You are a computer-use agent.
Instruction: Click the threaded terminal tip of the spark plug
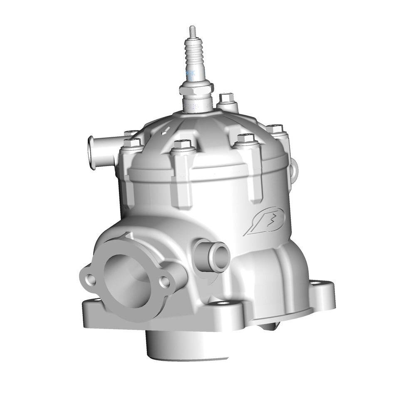click(x=193, y=31)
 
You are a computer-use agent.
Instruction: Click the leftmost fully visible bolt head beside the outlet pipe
click(x=133, y=144)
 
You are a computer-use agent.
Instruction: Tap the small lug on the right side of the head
click(x=295, y=168)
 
